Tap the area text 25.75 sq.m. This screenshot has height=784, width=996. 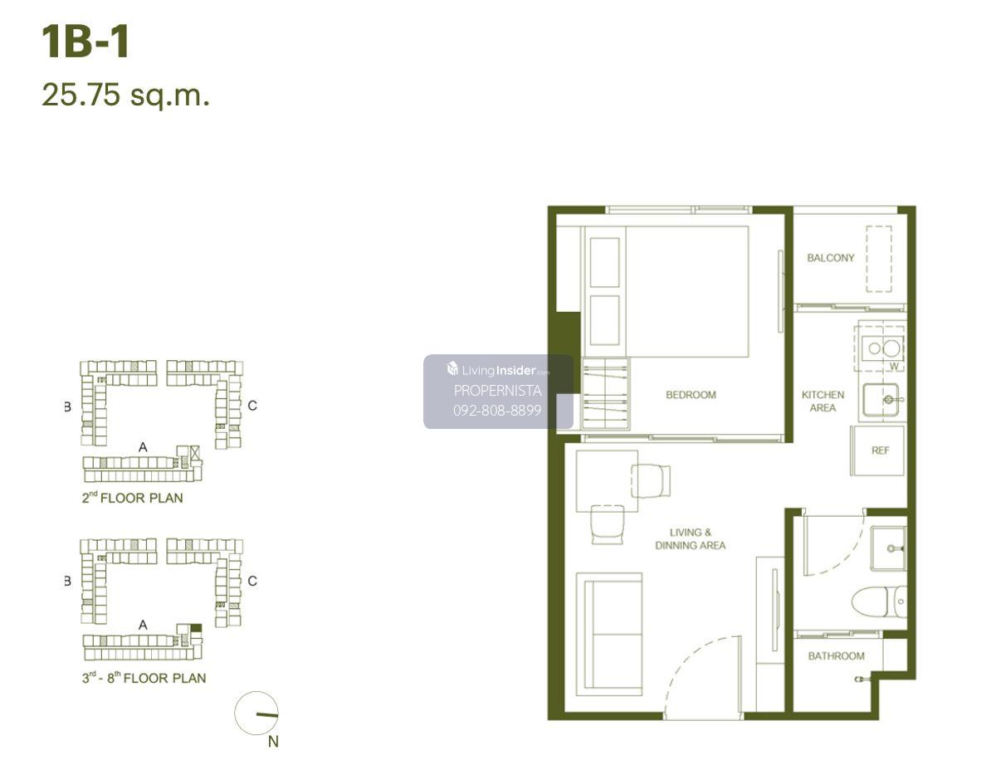click(125, 95)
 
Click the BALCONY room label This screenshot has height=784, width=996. click(830, 258)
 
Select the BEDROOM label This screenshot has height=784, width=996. click(691, 395)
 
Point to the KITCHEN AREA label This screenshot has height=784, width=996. click(823, 402)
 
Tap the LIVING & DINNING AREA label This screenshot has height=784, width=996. click(690, 539)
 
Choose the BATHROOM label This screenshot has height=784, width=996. click(836, 655)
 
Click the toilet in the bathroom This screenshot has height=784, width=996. click(879, 601)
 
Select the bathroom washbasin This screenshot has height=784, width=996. click(888, 548)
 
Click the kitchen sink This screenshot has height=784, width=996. click(881, 400)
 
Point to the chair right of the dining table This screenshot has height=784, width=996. click(651, 481)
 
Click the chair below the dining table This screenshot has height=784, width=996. click(608, 524)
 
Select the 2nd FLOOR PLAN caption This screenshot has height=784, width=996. click(132, 498)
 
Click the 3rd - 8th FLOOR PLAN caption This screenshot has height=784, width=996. click(144, 678)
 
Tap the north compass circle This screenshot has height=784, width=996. click(256, 713)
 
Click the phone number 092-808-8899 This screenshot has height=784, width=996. click(497, 411)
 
